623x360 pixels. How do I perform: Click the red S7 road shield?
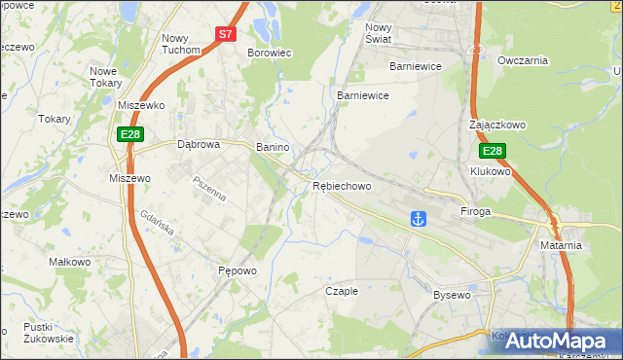[225, 33]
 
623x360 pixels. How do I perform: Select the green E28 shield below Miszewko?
[130, 134]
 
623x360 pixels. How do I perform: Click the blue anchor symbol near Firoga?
[419, 218]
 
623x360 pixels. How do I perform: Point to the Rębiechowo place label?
[342, 186]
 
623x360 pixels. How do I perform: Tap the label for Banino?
[273, 147]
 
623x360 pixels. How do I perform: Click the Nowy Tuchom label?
[180, 44]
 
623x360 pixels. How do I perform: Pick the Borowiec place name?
[270, 54]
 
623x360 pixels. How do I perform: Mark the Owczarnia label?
[523, 60]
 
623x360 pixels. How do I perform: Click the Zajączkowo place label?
[496, 126]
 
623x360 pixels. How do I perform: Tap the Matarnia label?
[561, 245]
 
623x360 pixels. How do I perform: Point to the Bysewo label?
[452, 294]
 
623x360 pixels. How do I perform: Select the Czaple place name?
[342, 290]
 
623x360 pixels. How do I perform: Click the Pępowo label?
[237, 271]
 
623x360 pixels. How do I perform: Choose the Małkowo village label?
[69, 263]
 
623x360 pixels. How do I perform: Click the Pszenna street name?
[208, 188]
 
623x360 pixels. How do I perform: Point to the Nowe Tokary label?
[110, 77]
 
